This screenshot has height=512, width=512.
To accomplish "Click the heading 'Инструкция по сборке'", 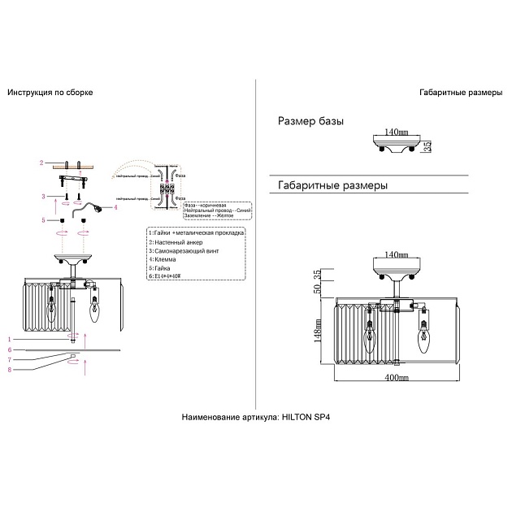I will click(x=50, y=93).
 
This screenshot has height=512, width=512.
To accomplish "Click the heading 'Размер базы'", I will click(x=310, y=121).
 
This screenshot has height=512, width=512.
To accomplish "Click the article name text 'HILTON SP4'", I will click(x=307, y=416).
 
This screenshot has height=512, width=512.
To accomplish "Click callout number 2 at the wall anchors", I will click(x=40, y=163).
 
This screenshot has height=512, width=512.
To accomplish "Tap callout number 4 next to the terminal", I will click(x=115, y=207).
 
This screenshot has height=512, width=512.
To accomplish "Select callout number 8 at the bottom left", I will click(x=32, y=371).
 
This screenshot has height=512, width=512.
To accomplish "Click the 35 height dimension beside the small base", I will click(x=427, y=147).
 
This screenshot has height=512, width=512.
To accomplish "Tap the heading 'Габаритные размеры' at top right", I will click(x=461, y=93).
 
